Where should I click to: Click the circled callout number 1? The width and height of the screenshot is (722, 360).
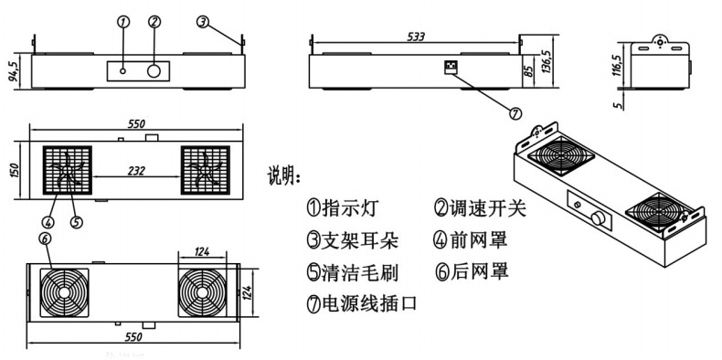click(123, 22)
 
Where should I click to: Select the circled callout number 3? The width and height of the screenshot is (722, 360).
click(203, 21)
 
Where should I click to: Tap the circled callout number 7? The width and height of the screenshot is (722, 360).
click(515, 112)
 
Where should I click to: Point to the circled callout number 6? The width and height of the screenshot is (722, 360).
click(45, 238)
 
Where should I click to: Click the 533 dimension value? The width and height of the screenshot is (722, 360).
click(416, 37)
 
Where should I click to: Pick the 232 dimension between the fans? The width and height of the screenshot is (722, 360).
click(136, 171)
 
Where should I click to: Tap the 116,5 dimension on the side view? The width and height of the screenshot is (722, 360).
click(617, 65)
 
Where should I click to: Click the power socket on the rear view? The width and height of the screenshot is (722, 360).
click(449, 68)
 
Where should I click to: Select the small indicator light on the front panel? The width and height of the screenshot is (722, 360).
click(123, 71)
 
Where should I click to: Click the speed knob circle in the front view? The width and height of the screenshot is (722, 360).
click(154, 71)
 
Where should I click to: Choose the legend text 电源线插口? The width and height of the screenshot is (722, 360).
click(369, 304)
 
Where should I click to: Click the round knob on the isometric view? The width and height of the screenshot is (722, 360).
click(599, 217)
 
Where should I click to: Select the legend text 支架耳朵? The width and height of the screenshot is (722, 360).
click(360, 240)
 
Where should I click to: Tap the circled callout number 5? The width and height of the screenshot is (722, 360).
click(77, 222)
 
